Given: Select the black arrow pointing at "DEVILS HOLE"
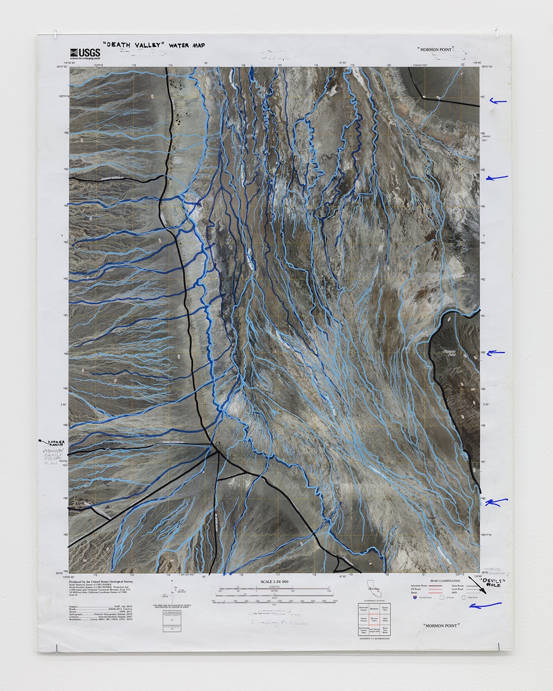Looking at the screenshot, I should [475, 581].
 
